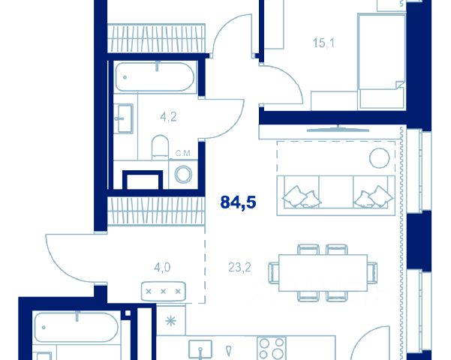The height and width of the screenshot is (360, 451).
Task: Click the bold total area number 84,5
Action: [238, 202]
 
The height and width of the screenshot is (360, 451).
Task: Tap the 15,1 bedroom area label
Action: [323, 43]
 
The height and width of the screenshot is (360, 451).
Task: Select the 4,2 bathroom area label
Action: [168, 117]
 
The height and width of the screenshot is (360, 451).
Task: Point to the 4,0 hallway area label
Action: [162, 268]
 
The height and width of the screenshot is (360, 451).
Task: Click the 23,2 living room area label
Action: [239, 268]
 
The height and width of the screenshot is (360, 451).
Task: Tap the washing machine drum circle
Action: [184, 174]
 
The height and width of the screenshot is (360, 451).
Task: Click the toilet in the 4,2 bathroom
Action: [160, 148]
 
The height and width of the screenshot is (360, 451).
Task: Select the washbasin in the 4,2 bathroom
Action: [123, 118]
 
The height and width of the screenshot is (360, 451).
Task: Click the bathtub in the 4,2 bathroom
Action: [155, 76]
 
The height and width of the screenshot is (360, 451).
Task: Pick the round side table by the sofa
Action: [380, 158]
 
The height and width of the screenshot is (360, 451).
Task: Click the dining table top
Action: [323, 273]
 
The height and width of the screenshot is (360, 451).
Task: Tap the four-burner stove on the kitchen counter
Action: [272, 349]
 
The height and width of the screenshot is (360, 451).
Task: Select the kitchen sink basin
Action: [200, 350]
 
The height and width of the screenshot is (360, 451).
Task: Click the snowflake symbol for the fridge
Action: [171, 321]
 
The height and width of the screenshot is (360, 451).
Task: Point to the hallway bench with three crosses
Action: [164, 291]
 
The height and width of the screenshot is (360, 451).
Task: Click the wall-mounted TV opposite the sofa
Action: [338, 129]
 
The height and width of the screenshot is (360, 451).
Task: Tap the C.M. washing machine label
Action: [183, 154]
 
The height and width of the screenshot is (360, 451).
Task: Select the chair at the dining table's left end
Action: [274, 273]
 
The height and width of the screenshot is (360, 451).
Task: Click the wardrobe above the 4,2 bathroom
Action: [156, 38]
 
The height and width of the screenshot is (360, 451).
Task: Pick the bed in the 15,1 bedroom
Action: [382, 61]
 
